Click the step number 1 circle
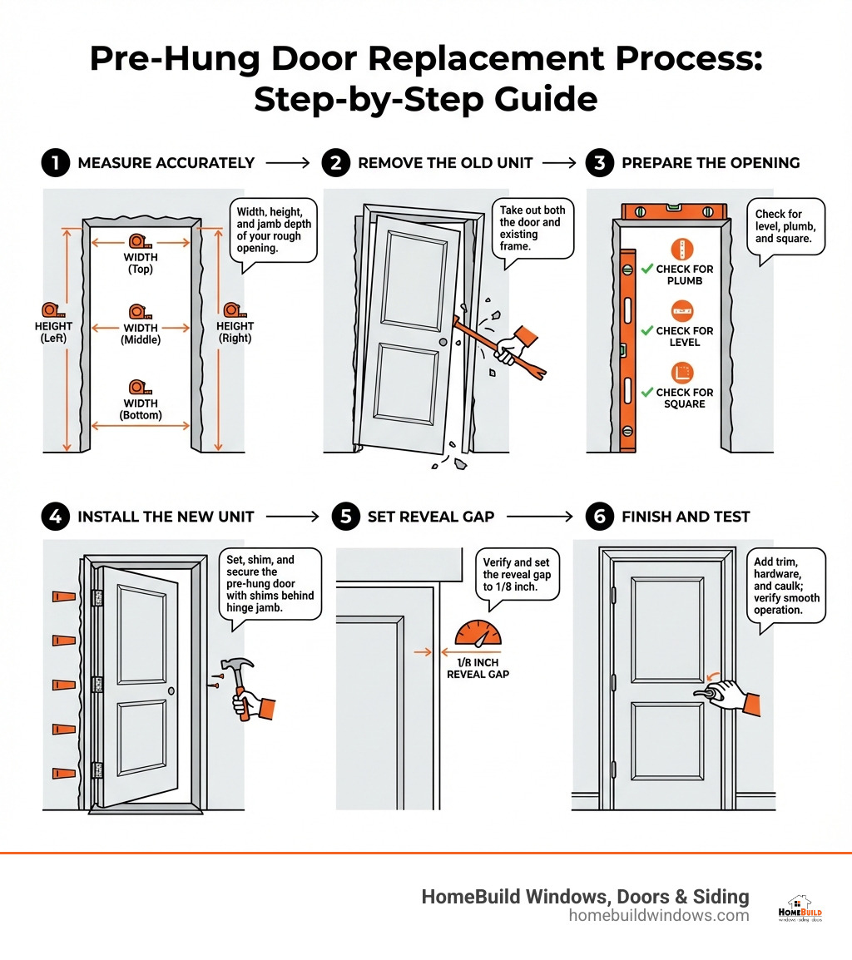pyautogui.click(x=55, y=163)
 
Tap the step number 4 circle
pyautogui.click(x=55, y=517)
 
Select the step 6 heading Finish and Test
pyautogui.click(x=686, y=517)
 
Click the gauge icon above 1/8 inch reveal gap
pyautogui.click(x=478, y=634)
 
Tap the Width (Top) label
pyautogui.click(x=141, y=263)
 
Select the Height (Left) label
pyautogui.click(x=53, y=332)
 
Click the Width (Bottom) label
pyautogui.click(x=141, y=409)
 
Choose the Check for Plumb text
pyautogui.click(x=684, y=275)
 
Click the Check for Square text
pyautogui.click(x=684, y=398)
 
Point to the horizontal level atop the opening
pyautogui.click(x=672, y=212)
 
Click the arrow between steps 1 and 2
pyautogui.click(x=288, y=163)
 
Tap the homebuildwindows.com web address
pyautogui.click(x=658, y=916)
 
